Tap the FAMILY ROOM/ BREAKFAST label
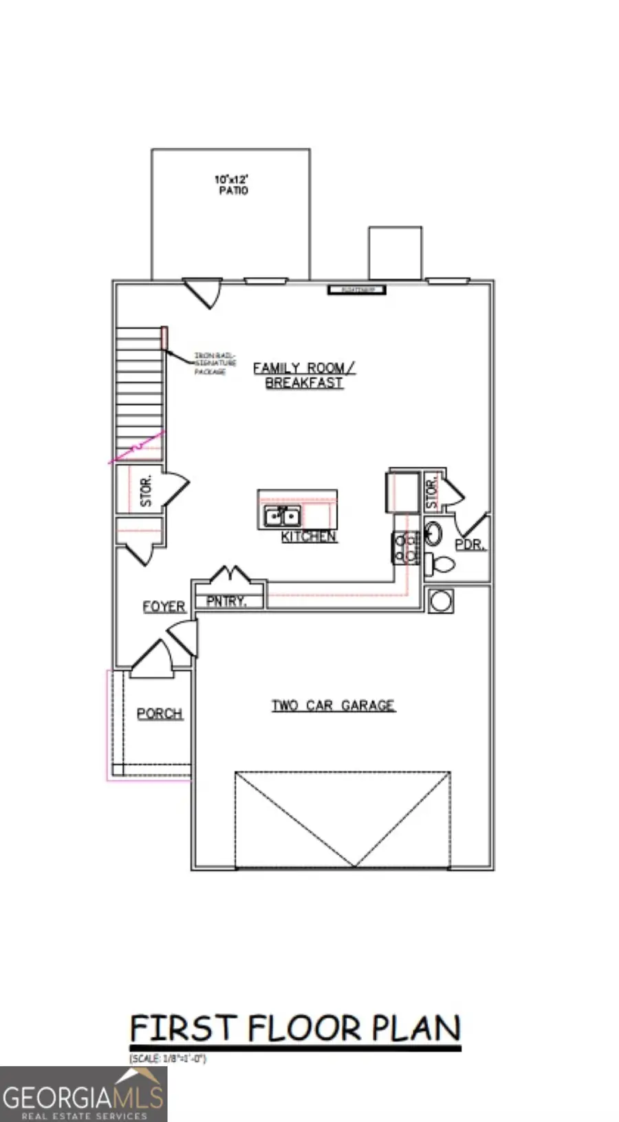point(304,375)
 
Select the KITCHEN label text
point(309,537)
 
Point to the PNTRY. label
point(226,601)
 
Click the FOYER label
point(164,606)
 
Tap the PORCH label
point(160,714)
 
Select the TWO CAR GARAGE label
point(333,705)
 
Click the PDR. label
point(470,544)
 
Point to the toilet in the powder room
point(439,564)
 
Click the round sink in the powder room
point(433,533)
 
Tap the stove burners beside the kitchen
point(406,548)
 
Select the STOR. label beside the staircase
point(146,490)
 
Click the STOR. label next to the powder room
point(432,494)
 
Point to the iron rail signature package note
point(215,363)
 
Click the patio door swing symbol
point(204,291)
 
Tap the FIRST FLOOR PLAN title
point(295,1028)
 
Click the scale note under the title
point(168,1059)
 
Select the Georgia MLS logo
point(83,1094)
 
